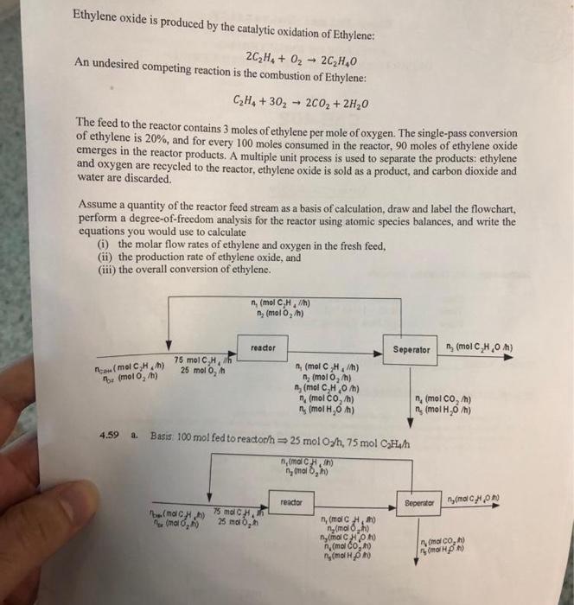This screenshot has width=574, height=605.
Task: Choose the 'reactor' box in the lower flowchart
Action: click(291, 500)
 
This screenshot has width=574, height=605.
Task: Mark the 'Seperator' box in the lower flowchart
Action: click(424, 502)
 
